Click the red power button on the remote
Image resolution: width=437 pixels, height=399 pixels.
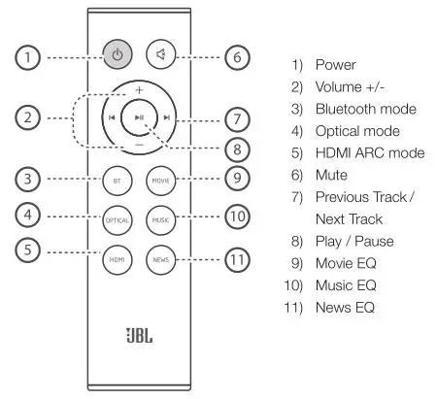tap(118, 55)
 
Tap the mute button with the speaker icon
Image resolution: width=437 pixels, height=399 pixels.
tap(159, 55)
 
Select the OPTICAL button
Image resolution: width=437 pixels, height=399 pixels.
tap(118, 220)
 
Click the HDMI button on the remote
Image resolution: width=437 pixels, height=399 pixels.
tap(118, 259)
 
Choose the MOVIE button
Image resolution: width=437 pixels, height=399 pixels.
tap(159, 182)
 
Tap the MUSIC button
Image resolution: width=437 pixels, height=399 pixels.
tap(159, 220)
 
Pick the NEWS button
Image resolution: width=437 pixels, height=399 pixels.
tap(159, 259)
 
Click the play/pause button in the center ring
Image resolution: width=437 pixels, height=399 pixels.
tap(139, 118)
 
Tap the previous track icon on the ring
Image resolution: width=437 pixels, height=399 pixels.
tap(113, 118)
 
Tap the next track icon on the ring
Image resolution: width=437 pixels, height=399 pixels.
tap(166, 118)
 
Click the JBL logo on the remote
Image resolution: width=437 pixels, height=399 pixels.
tap(138, 344)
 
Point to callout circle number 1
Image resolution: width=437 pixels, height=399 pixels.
tap(31, 56)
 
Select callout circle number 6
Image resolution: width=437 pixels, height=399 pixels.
tap(238, 56)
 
